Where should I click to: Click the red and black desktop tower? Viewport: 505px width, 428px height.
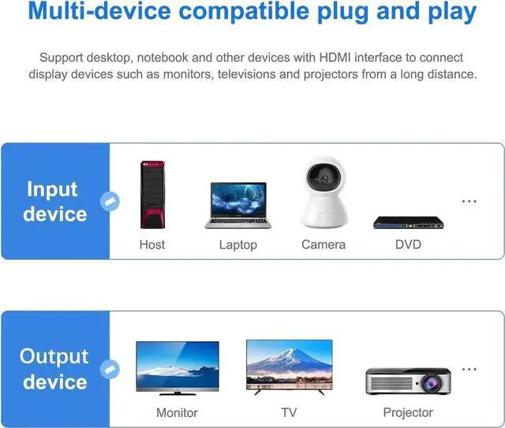[152, 194]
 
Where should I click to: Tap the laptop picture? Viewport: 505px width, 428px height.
[238, 205]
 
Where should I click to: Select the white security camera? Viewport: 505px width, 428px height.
[324, 193]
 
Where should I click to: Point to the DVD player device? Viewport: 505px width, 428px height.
[409, 223]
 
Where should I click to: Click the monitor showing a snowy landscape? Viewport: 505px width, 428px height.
[178, 368]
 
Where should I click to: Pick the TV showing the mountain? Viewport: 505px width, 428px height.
[290, 367]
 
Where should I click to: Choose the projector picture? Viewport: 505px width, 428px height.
[408, 381]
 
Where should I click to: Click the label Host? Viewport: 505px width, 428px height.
[152, 245]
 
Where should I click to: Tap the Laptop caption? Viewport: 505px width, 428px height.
[238, 245]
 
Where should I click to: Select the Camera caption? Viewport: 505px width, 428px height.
[324, 245]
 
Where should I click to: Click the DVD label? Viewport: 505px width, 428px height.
[408, 245]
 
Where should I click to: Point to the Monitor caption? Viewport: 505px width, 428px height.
[177, 412]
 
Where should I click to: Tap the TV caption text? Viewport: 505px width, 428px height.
[289, 412]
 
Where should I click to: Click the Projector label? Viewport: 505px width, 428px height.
[408, 413]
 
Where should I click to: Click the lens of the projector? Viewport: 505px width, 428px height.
[432, 383]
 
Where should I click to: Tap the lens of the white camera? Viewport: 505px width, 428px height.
[324, 178]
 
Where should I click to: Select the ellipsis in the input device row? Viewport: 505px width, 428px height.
[469, 201]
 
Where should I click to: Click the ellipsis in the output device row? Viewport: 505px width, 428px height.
[469, 370]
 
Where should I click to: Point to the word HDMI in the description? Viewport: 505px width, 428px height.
[335, 58]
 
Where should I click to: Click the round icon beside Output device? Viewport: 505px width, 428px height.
[110, 370]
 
